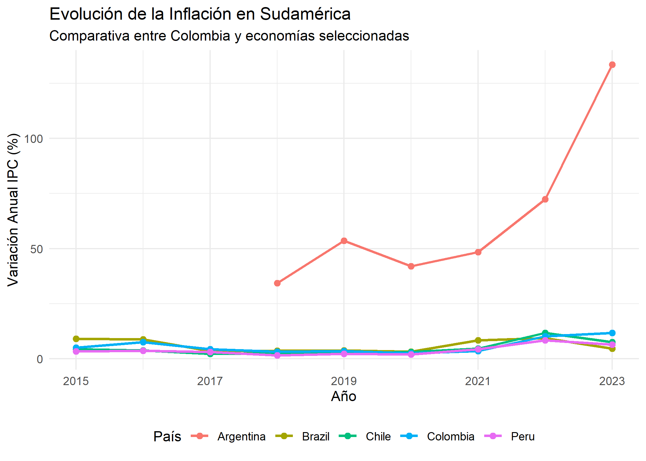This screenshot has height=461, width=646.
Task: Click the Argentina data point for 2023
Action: click(612, 65)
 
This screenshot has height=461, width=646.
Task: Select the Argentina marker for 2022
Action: click(545, 199)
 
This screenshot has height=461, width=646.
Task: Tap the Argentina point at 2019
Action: click(344, 241)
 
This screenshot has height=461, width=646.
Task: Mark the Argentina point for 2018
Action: click(277, 283)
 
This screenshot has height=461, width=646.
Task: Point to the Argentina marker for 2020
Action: click(411, 266)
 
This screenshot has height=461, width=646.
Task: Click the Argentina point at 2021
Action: click(478, 252)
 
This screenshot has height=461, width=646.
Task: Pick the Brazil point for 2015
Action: click(76, 339)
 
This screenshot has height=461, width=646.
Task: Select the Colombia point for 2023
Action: click(612, 333)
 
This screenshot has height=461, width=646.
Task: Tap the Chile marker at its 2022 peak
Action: click(545, 333)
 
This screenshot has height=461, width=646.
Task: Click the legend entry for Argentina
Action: click(241, 436)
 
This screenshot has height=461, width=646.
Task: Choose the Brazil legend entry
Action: click(315, 436)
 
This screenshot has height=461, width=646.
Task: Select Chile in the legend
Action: click(378, 436)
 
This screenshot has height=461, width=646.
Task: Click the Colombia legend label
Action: click(450, 436)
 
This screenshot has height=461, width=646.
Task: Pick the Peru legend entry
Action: click(523, 436)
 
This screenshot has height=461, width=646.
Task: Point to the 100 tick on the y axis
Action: click(34, 139)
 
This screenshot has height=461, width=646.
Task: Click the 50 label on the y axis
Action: click(37, 249)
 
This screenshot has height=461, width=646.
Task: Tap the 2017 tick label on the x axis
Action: click(210, 381)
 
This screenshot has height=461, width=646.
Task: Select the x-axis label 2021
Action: click(478, 381)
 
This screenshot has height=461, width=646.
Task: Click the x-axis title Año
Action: click(344, 396)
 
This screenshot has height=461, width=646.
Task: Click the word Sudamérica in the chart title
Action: click(305, 14)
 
